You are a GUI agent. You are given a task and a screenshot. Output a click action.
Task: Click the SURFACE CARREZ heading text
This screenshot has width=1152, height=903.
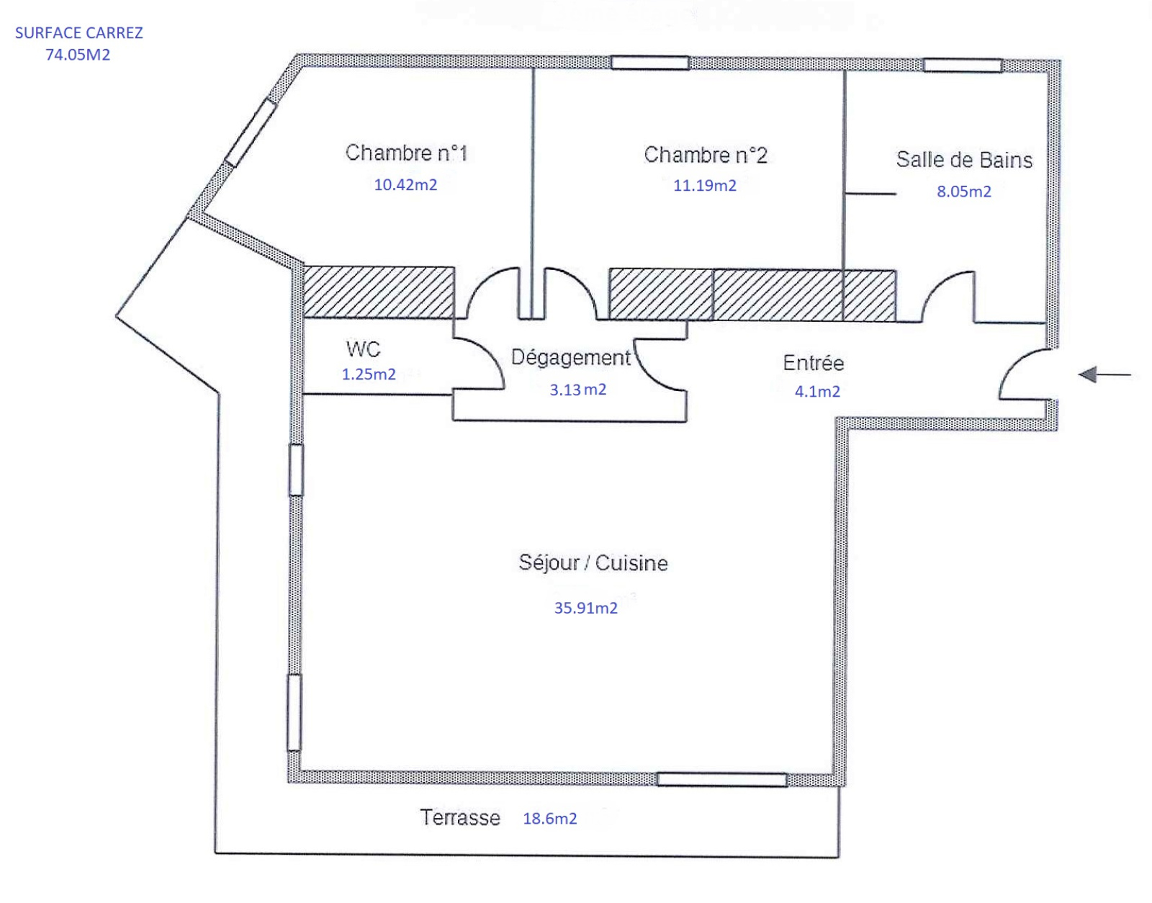click(x=79, y=33)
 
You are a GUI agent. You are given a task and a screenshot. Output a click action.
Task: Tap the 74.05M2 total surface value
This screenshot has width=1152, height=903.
click(x=78, y=55)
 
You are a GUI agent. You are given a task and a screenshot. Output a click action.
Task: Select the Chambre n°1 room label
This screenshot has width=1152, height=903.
click(x=406, y=153)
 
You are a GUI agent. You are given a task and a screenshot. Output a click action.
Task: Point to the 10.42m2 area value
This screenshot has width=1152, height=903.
click(x=405, y=184)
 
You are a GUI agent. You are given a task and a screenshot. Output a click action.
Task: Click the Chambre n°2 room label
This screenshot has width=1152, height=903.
click(x=706, y=155)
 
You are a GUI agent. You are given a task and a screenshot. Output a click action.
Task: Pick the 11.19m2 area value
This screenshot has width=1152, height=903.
click(x=705, y=186)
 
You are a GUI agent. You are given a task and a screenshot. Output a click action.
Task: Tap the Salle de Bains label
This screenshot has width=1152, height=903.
click(x=964, y=160)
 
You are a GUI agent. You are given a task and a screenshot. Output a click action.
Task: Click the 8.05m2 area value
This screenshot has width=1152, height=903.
click(x=964, y=192)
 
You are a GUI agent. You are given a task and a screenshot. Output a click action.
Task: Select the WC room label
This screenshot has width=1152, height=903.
click(x=364, y=349)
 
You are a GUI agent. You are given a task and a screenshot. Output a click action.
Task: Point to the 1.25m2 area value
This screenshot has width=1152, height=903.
click(x=369, y=374)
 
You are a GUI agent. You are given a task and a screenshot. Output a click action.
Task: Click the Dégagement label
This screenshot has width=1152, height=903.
click(x=571, y=358)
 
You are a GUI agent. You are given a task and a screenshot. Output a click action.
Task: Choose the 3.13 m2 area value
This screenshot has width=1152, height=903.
click(x=578, y=390)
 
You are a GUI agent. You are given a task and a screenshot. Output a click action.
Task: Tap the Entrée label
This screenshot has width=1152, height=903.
click(x=813, y=363)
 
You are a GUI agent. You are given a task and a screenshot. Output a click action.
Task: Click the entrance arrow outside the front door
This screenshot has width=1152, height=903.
click(x=1104, y=375)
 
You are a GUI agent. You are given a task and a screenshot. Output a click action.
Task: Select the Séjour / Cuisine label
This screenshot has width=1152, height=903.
click(x=593, y=562)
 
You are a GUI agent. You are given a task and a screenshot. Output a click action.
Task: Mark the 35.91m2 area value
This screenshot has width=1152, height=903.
click(x=586, y=608)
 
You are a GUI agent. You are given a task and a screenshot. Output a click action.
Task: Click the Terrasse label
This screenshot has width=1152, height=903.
click(x=460, y=817)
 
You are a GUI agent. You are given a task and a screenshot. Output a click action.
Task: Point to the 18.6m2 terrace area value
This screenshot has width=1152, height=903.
click(x=550, y=819)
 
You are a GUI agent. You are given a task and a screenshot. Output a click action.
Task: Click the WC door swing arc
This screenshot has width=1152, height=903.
click(x=491, y=352)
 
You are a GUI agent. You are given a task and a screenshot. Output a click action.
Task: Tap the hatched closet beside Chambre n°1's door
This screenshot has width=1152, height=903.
click(x=379, y=292)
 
